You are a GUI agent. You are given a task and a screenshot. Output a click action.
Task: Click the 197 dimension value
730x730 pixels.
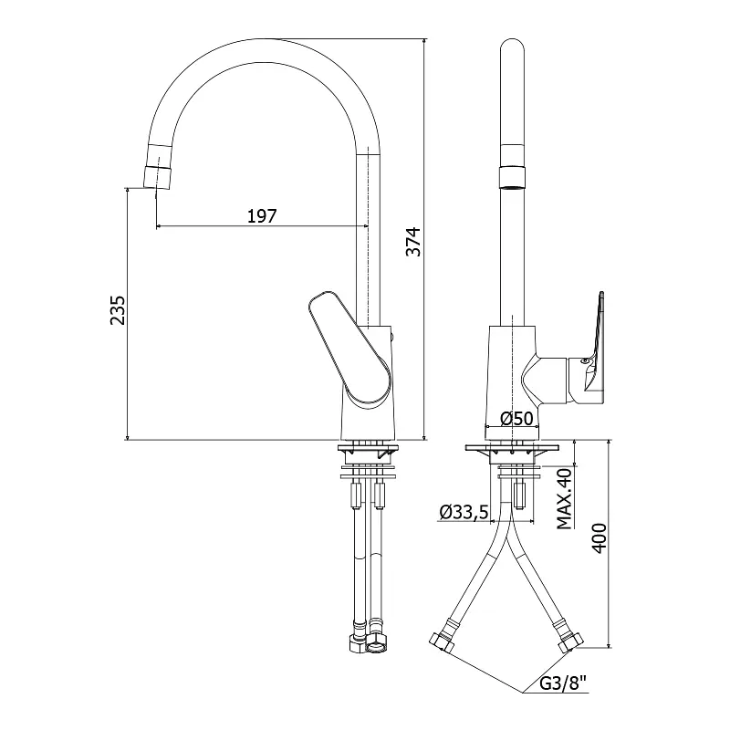click(x=262, y=216)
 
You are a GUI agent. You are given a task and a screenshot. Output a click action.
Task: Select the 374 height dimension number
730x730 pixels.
click(x=413, y=242)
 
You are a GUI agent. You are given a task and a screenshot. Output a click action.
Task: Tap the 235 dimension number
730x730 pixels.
click(x=118, y=310)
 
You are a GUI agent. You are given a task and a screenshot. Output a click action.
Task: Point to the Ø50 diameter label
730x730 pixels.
click(x=516, y=419)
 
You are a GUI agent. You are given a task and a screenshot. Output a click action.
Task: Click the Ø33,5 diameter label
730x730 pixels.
click(x=464, y=512)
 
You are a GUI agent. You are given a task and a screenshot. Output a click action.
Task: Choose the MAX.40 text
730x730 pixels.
click(x=564, y=498)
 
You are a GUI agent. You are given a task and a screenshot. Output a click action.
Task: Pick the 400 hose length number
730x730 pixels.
click(x=600, y=538)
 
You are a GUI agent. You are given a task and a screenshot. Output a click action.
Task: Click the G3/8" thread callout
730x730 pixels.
click(x=563, y=683)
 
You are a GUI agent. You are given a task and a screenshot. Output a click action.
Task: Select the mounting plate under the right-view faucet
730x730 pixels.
click(x=512, y=447)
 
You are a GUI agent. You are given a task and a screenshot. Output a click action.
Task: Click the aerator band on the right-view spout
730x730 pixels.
click(x=512, y=177)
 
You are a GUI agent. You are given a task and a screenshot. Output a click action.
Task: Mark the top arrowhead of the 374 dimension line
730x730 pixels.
click(x=423, y=42)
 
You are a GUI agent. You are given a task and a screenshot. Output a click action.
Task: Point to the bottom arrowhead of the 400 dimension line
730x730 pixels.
click(x=609, y=644)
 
